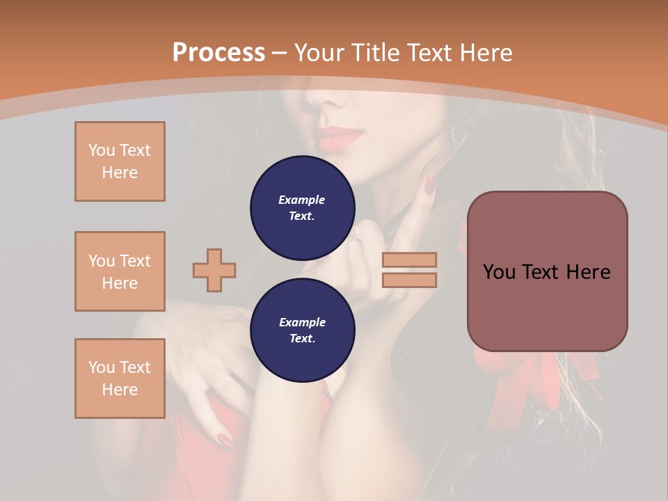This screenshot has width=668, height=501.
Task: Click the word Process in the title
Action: click(218, 53)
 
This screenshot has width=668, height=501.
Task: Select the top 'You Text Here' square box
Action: click(120, 161)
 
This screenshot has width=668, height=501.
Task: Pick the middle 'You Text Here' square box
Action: click(120, 271)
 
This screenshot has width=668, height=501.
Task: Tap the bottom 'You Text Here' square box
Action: click(120, 378)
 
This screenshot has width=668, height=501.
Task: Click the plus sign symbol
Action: click(214, 270)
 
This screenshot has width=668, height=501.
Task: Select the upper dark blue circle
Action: click(303, 207)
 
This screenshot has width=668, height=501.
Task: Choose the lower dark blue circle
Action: click(303, 330)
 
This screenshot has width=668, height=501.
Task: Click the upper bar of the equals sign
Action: click(409, 260)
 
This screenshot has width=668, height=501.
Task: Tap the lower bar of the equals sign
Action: click(409, 280)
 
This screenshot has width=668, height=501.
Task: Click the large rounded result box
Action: click(547, 271)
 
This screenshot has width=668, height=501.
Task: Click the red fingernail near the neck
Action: click(429, 185)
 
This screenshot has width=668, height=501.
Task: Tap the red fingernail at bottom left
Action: click(225, 440)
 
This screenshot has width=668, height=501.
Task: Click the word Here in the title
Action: click(487, 53)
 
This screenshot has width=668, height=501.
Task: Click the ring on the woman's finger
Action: click(356, 238)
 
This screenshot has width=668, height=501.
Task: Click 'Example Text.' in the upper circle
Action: click(302, 208)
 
